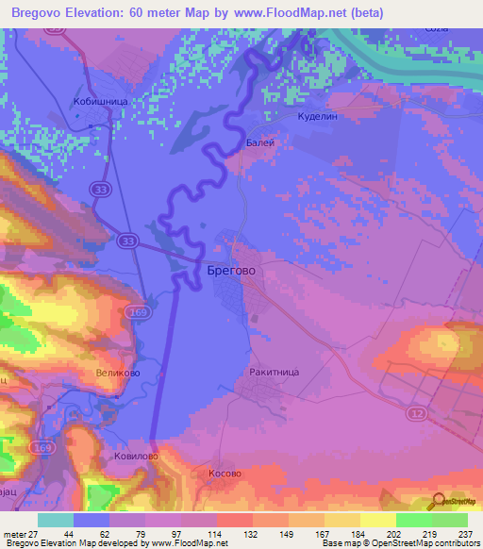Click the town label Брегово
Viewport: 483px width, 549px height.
pos(230,270)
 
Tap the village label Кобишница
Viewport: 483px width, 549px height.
pos(100,99)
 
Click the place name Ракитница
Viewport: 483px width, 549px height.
pos(275,373)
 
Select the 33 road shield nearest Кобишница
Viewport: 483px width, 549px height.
pos(99,190)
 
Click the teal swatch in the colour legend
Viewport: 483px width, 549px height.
pos(56,520)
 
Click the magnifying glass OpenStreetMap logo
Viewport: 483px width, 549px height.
pos(435,500)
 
